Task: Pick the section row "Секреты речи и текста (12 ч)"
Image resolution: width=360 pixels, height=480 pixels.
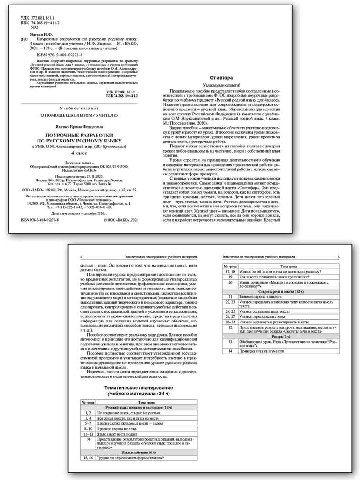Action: click(281, 291)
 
